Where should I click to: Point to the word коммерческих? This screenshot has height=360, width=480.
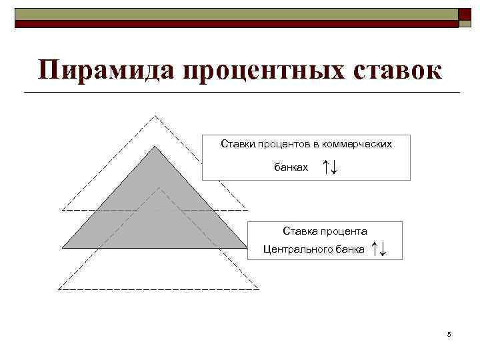click(359, 143)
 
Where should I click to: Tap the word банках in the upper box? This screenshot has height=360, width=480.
click(292, 167)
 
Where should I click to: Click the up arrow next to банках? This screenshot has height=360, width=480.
click(325, 167)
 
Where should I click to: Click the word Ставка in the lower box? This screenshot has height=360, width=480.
click(298, 231)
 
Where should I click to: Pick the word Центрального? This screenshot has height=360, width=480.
click(293, 250)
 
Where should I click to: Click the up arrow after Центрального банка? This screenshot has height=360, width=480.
click(376, 249)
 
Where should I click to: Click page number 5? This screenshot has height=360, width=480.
click(449, 334)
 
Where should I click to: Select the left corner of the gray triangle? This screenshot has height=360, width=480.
click(62, 246)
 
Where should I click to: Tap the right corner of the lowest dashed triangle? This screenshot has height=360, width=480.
click(259, 289)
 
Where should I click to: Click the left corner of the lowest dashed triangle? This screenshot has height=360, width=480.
click(59, 289)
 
